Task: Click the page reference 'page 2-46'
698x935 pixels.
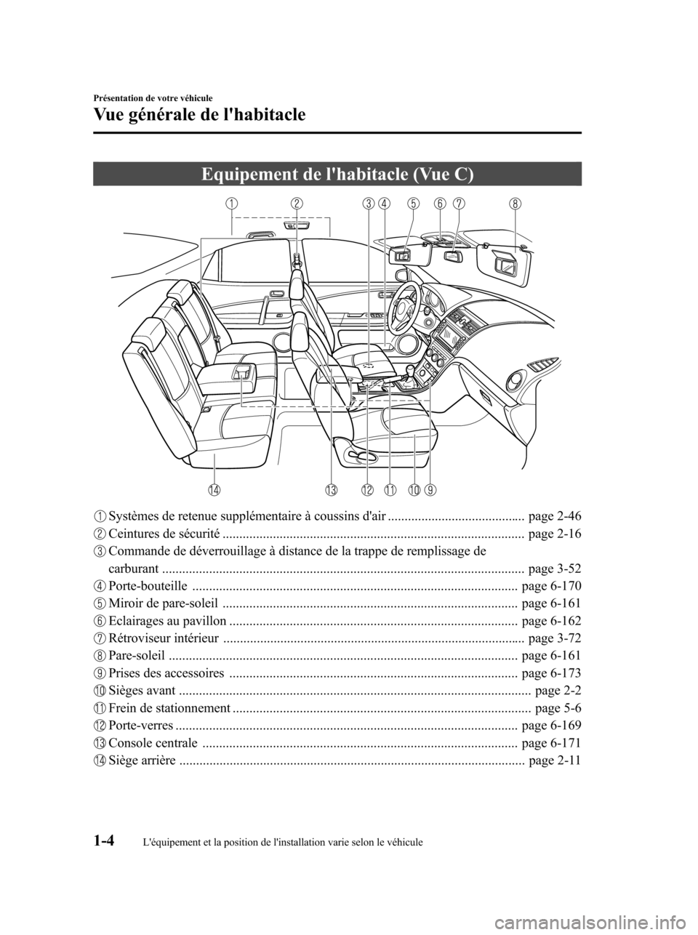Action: [x=555, y=517]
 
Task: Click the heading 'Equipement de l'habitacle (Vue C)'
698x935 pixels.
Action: [x=337, y=174]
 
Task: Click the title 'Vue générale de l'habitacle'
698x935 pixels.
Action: [x=199, y=115]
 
